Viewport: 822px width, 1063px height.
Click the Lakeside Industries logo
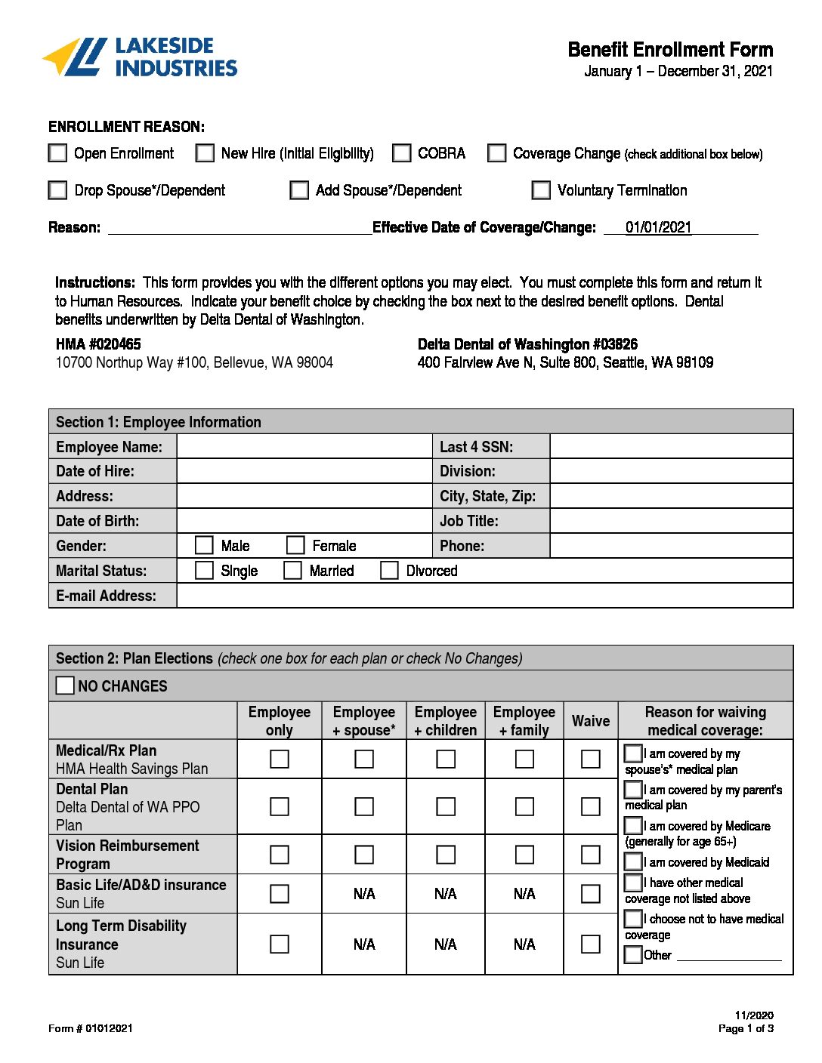coord(140,57)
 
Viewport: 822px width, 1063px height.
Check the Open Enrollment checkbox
coord(58,153)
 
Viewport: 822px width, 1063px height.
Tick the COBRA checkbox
coord(402,153)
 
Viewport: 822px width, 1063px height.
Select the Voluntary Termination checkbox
coord(541,190)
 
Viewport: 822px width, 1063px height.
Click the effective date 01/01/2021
coord(658,227)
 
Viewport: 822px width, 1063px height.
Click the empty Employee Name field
coord(304,446)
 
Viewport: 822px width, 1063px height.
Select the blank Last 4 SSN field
coord(671,446)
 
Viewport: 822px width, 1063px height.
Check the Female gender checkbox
coord(295,545)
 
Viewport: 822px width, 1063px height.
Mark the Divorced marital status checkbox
coord(389,570)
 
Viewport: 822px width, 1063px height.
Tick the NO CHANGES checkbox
coord(66,686)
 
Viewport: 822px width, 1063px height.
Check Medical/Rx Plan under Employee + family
coord(524,759)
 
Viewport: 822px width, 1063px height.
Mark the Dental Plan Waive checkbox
coord(591,806)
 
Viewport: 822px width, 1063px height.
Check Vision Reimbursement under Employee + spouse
coord(364,855)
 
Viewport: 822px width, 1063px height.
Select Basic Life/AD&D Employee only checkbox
coord(280,894)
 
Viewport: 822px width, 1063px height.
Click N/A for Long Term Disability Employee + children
coord(446,944)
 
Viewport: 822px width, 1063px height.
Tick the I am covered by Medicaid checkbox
coord(633,861)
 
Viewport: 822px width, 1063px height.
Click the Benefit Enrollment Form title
coord(670,50)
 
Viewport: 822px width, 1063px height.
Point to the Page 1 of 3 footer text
coord(746,1028)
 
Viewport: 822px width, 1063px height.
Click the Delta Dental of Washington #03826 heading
coord(527,344)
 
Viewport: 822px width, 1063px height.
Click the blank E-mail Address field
coord(484,595)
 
